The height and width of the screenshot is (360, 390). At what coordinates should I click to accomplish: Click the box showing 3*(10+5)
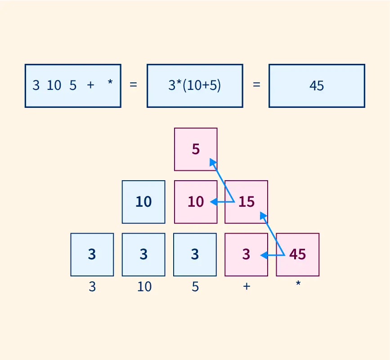pos(195,86)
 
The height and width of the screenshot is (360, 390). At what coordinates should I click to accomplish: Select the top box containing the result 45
pos(317,86)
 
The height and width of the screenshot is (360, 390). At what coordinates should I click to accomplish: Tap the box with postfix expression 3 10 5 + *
pos(73,86)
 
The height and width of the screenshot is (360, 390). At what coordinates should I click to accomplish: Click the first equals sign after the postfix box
pos(133,84)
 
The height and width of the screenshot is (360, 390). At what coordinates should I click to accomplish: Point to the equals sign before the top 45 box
pos(256,84)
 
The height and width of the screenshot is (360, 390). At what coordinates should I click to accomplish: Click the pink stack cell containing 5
pos(196,149)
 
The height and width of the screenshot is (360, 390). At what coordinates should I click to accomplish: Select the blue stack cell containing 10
pos(143,202)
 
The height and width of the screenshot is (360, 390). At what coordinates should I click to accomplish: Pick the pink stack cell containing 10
pos(196,202)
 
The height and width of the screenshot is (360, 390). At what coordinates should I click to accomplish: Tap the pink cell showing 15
pos(246,202)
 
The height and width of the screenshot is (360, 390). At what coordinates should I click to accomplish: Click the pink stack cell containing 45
pos(298,255)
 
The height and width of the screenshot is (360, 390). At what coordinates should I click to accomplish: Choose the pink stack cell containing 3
pos(246,255)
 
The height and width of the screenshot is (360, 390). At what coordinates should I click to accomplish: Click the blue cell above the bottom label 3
pos(92,255)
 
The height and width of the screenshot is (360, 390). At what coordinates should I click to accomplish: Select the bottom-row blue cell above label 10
pos(143,255)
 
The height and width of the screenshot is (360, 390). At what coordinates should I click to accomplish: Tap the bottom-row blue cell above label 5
pos(195,255)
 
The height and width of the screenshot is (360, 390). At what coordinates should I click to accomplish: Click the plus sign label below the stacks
pos(247,286)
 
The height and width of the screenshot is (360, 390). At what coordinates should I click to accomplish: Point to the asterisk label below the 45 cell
pos(298,283)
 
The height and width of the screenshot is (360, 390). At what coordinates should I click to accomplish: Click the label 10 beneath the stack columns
pos(144,286)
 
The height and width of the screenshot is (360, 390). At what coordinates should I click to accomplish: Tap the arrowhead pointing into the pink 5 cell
pos(212,162)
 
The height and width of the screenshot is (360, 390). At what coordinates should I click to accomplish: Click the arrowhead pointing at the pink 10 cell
pos(214,202)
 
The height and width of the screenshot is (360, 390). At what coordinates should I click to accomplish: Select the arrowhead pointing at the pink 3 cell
pos(264,255)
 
